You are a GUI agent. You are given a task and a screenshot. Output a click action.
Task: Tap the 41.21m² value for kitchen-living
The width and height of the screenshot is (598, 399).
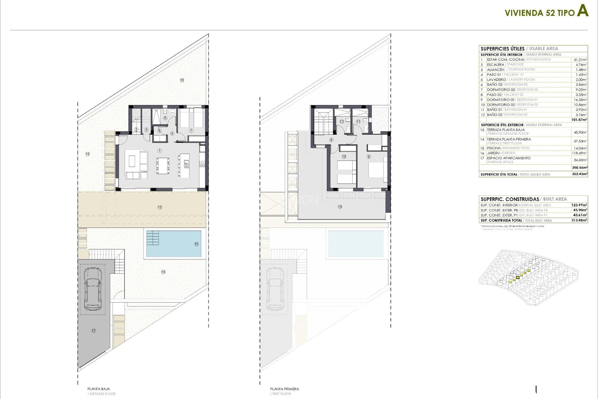point(580,60)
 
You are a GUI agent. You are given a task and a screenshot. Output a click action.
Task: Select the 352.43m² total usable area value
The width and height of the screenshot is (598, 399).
point(580,174)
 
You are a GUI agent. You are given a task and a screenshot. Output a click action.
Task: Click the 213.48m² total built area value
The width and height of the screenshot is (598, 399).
point(580,220)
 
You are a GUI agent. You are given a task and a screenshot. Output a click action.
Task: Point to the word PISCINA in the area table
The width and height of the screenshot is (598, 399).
point(494,148)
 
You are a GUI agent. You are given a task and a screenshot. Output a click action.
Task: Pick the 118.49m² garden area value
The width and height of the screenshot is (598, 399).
point(580,153)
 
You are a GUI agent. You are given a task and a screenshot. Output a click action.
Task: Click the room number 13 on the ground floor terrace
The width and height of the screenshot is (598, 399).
point(160,207)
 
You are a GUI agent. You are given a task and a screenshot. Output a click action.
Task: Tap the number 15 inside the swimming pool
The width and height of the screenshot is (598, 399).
point(196,244)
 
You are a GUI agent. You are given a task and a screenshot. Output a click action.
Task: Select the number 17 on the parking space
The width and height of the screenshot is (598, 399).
point(94,331)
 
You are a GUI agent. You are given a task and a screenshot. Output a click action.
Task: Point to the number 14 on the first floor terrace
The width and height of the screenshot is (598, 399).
point(340,207)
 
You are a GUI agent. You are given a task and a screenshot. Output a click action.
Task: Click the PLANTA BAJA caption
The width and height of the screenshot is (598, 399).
point(99,389)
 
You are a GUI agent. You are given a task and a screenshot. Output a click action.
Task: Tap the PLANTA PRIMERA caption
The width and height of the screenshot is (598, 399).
point(284,389)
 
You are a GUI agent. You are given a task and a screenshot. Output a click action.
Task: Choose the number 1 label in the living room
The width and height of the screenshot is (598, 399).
point(160,151)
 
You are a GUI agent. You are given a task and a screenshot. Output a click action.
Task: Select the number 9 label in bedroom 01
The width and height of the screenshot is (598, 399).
point(369,156)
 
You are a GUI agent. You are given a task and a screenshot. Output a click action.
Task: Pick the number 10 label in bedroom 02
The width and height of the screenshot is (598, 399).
point(344,156)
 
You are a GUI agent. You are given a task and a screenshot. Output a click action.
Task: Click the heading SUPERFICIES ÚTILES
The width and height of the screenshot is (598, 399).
point(502,49)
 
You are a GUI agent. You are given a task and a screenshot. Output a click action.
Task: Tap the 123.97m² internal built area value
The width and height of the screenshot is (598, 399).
point(580,205)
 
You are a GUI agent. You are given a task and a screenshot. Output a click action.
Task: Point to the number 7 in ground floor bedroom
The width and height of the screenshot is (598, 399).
point(191,131)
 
